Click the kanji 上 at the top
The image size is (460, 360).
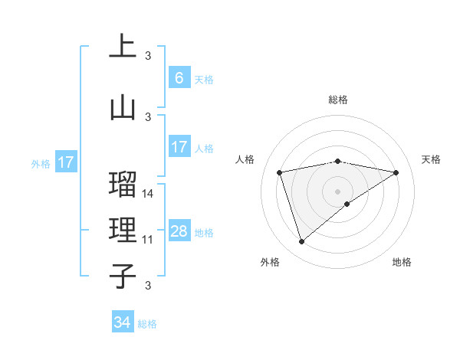point(123,47)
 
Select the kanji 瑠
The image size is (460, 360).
point(123,185)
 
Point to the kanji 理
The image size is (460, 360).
point(123,231)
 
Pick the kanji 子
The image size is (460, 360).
point(123,277)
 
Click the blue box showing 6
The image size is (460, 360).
point(179,77)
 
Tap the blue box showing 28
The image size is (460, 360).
point(179,232)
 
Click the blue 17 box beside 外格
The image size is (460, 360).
point(65,162)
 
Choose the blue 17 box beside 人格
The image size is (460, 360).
point(179,147)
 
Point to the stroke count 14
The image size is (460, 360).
point(149,194)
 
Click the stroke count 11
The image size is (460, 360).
point(149,240)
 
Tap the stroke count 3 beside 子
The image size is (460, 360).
point(149,286)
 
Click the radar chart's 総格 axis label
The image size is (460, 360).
point(337,100)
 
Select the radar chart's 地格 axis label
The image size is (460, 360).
point(402,262)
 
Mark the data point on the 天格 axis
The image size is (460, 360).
point(396,172)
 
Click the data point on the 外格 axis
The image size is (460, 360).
point(301,242)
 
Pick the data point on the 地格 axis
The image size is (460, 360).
point(347,204)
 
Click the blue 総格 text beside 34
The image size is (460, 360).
point(147,324)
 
